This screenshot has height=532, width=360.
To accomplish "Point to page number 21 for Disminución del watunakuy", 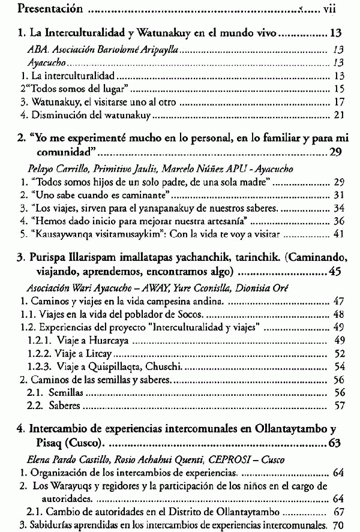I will click(x=338, y=115).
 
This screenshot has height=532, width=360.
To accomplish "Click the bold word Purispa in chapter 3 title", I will click(x=48, y=259).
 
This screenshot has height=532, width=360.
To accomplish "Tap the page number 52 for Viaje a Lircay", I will click(x=338, y=353).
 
